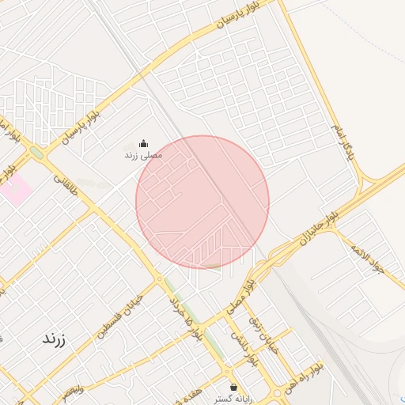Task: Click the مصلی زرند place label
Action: pyautogui.click(x=143, y=155)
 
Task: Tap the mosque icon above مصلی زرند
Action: pyautogui.click(x=143, y=143)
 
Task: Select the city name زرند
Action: pyautogui.click(x=53, y=339)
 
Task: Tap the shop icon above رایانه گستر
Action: pyautogui.click(x=233, y=387)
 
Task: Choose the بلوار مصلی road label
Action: pyautogui.click(x=248, y=295)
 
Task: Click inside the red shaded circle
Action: pyautogui.click(x=202, y=202)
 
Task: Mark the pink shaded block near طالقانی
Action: pyautogui.click(x=16, y=189)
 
